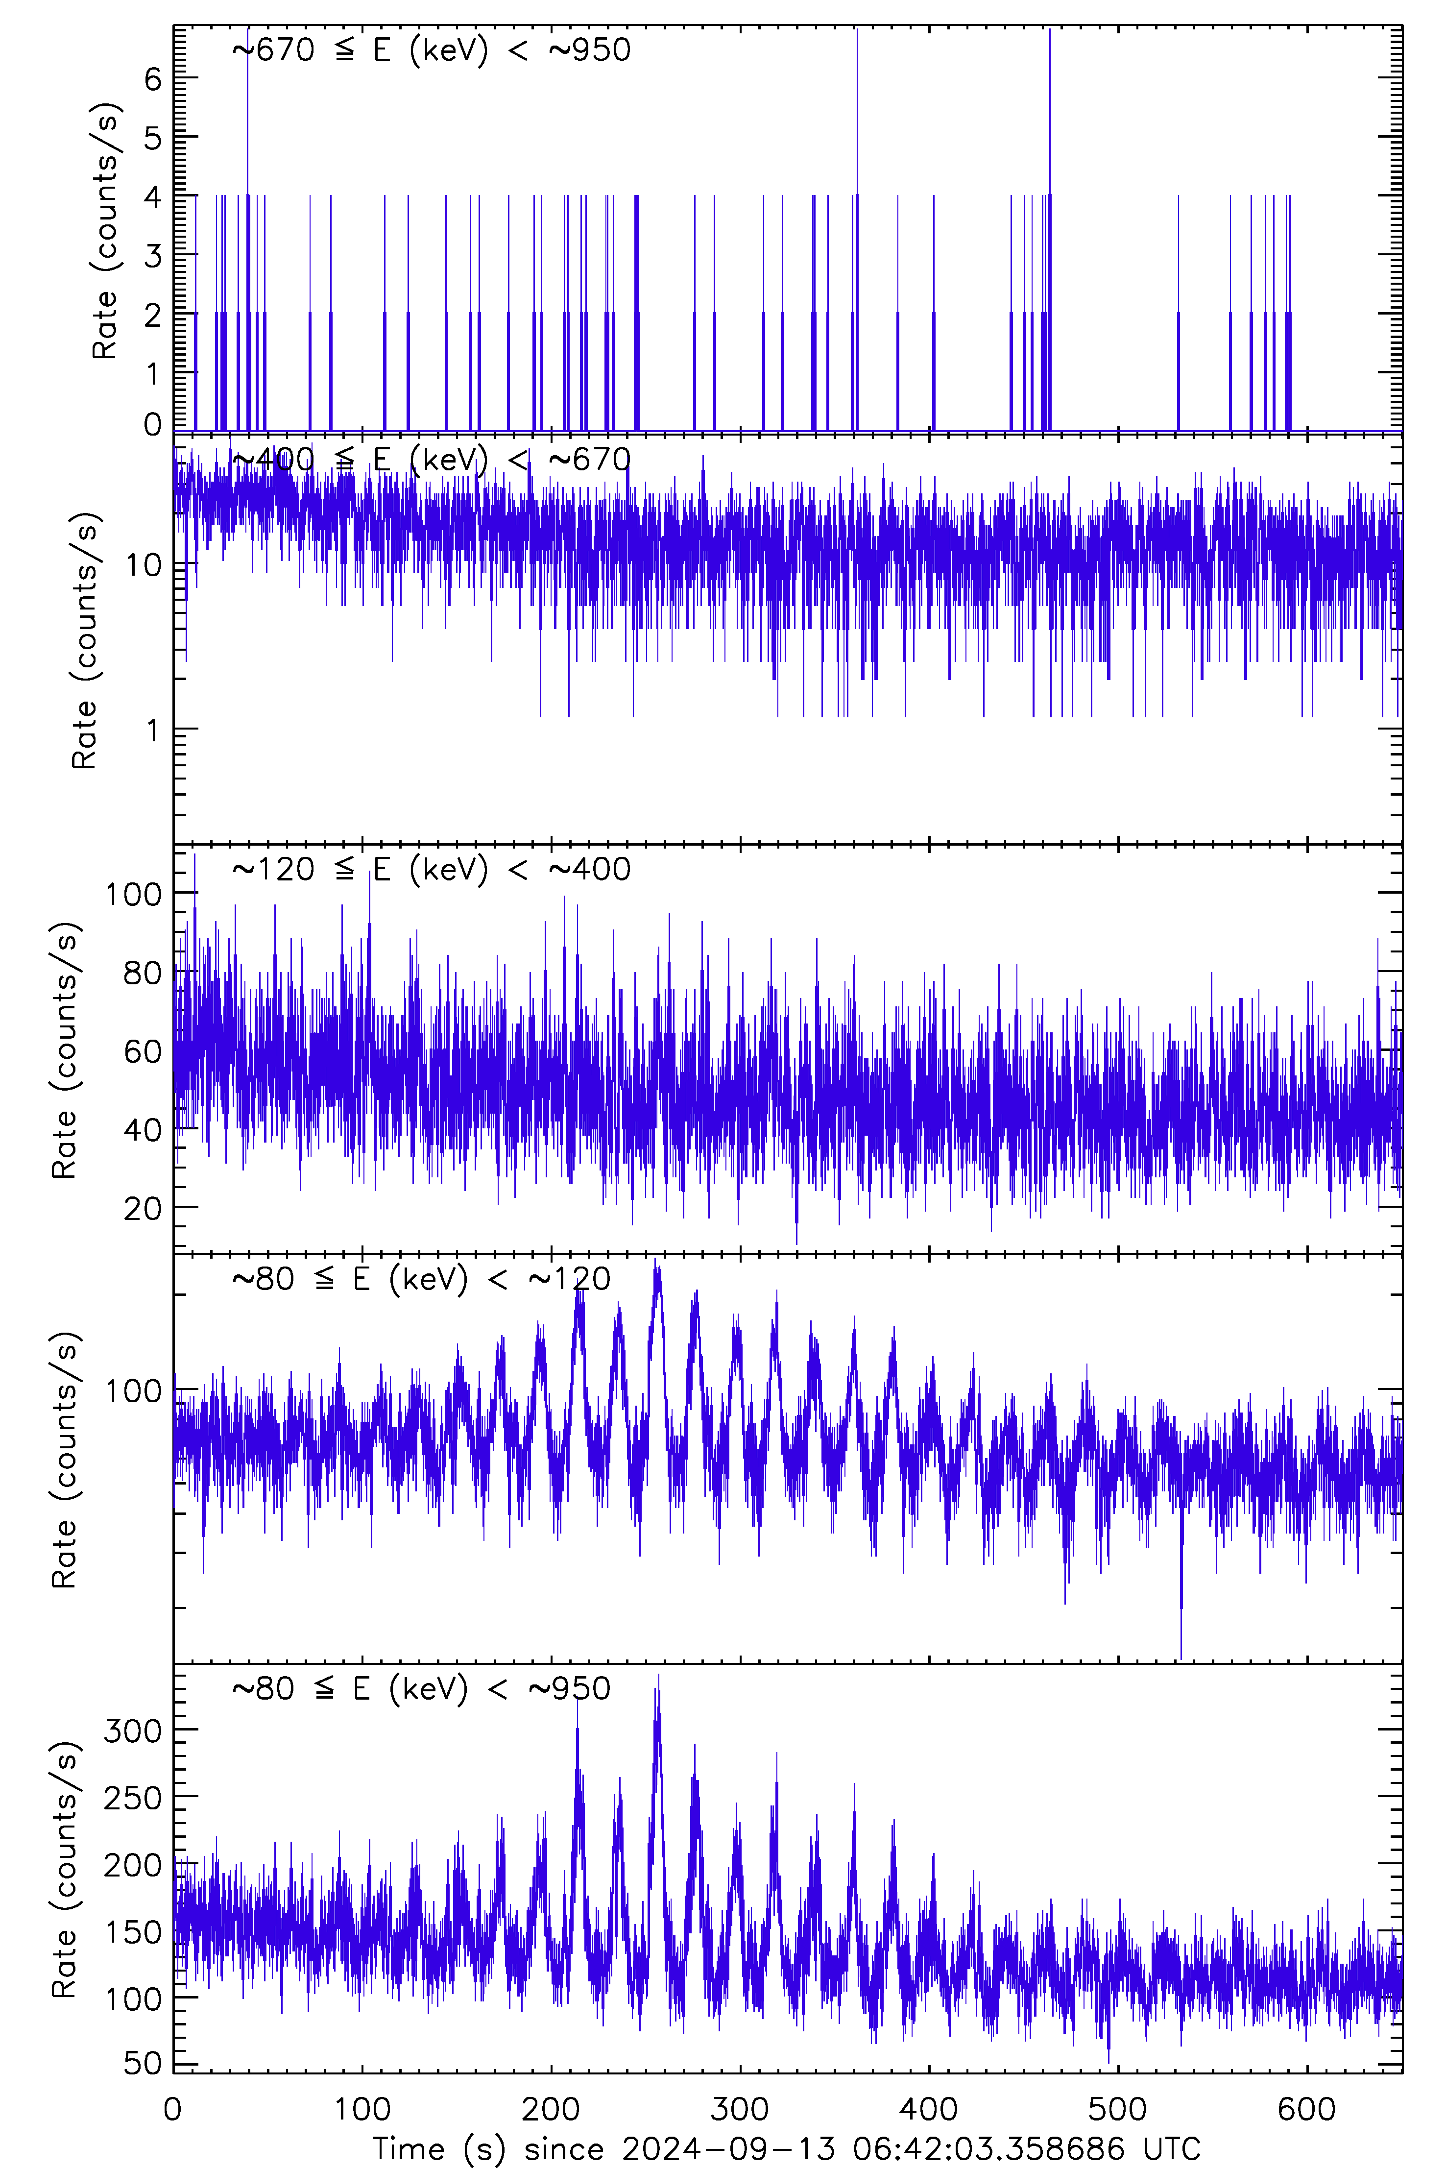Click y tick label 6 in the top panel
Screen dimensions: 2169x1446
coord(152,79)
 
